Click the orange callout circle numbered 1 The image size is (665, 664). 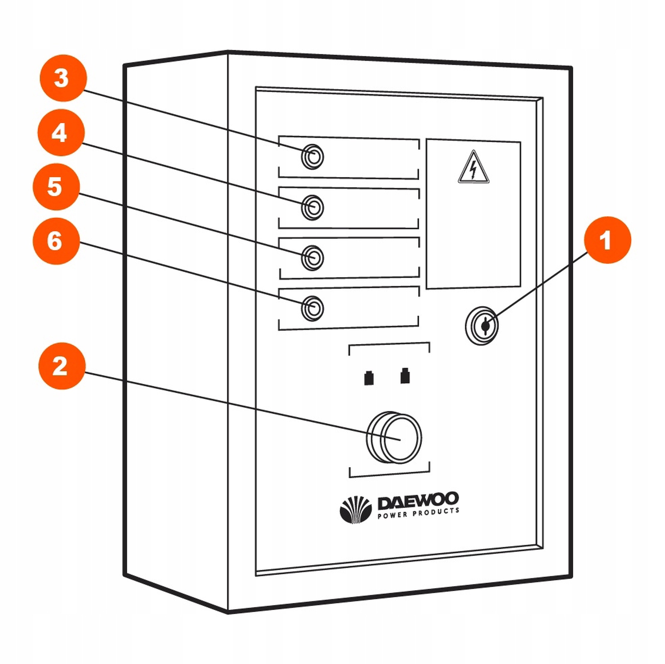point(607,240)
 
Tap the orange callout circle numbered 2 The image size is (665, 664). point(62,366)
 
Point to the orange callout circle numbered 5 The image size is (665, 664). point(56,187)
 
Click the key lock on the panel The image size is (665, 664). point(481,325)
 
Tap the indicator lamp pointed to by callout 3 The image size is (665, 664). point(313,157)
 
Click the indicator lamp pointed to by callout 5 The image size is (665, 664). point(313,257)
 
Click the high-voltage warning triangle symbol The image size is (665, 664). point(473,168)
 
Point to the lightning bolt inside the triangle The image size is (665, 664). point(473,170)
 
